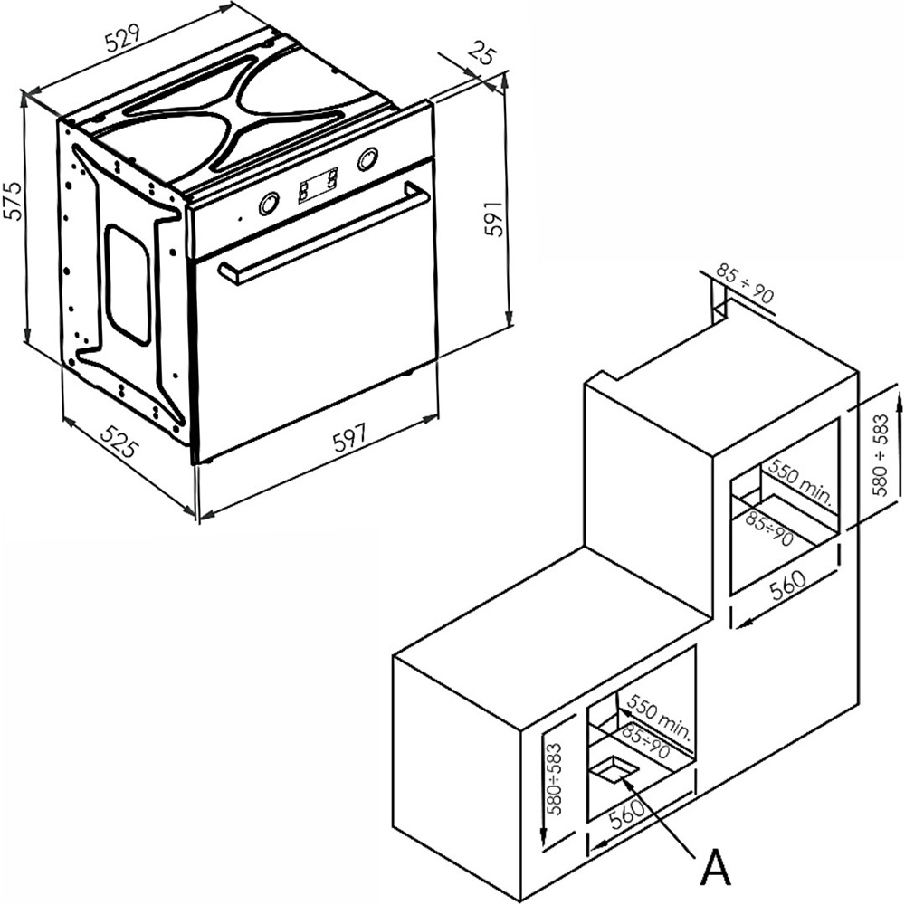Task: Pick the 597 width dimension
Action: point(349,438)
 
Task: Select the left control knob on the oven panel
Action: point(269,204)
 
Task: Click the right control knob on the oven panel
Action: point(367,159)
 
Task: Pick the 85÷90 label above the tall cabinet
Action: point(746,283)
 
